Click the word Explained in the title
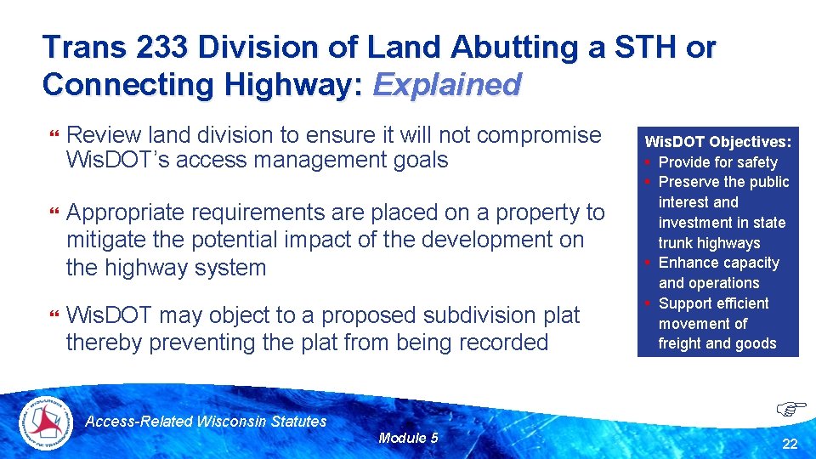tap(446, 84)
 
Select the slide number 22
tap(790, 444)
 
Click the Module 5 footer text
tap(408, 438)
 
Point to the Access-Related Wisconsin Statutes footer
tap(207, 421)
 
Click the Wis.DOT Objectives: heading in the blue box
tap(718, 141)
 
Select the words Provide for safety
tap(718, 161)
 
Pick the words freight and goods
tap(717, 343)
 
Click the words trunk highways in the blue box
tap(709, 242)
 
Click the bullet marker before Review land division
tap(54, 136)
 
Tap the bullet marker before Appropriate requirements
tap(54, 213)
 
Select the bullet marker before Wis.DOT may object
tap(54, 316)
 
